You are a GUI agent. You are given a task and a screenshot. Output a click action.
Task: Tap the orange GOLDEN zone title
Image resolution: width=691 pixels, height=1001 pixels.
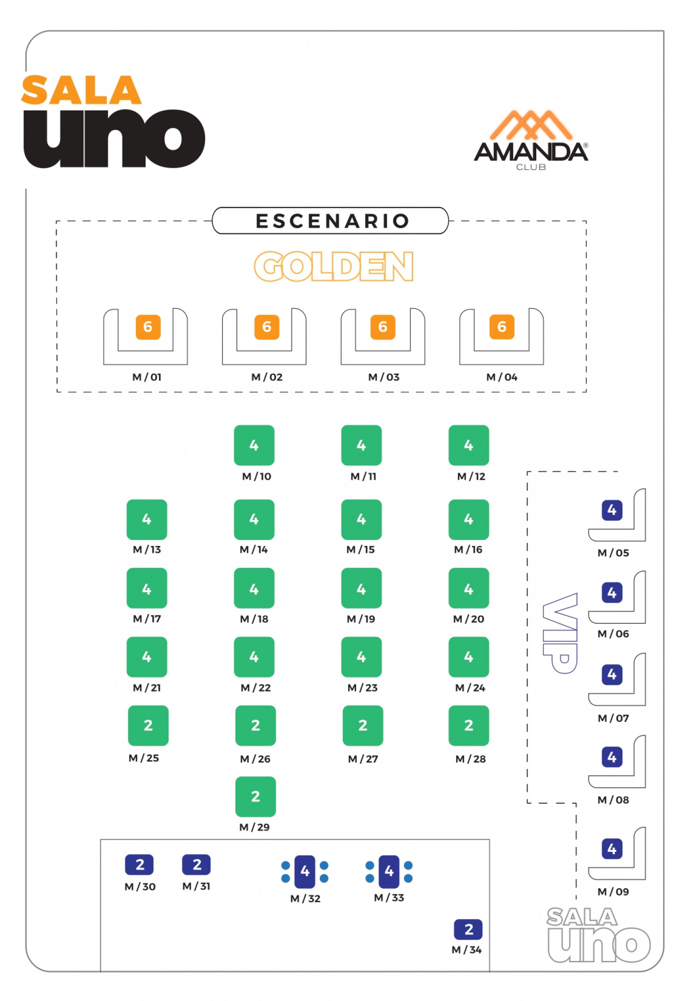tap(334, 266)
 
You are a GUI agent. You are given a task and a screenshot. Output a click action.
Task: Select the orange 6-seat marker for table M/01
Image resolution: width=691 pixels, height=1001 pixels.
tap(148, 327)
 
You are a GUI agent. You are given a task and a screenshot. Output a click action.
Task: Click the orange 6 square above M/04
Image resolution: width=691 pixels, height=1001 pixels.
tap(502, 327)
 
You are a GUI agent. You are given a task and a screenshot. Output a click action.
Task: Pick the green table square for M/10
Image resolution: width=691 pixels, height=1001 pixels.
tap(254, 445)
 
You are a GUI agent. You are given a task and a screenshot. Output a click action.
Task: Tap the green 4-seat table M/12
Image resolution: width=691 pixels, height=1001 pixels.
tap(468, 445)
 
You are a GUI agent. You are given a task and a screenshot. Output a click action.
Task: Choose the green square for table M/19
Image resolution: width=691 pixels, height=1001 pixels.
tap(361, 588)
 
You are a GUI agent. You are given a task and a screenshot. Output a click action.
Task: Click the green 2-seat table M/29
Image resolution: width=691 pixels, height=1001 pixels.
tap(255, 796)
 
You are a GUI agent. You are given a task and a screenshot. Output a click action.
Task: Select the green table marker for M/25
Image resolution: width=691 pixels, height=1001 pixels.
tap(148, 726)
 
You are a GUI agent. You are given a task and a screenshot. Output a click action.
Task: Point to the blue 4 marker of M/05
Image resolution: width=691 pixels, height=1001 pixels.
tap(612, 510)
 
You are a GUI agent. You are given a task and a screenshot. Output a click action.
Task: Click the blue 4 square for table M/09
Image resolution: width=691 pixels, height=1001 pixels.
tap(612, 849)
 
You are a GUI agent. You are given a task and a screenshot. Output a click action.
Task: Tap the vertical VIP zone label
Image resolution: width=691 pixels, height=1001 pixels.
tap(560, 633)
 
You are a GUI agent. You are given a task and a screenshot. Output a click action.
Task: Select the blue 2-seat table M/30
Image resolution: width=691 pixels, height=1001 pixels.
tap(140, 865)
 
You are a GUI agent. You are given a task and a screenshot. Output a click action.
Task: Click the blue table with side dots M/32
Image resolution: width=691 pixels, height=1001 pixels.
tap(305, 872)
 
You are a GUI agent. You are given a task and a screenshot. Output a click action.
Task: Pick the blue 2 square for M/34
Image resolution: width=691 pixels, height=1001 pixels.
tap(468, 930)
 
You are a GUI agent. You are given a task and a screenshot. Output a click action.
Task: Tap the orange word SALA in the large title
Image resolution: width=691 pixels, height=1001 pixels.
tap(82, 91)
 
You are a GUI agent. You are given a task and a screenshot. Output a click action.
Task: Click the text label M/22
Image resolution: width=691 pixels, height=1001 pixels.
tap(256, 688)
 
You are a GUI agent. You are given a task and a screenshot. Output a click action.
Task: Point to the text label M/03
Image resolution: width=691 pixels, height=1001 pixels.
tap(384, 377)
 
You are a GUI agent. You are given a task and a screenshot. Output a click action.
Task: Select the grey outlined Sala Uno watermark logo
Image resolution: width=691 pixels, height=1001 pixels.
tap(598, 935)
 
